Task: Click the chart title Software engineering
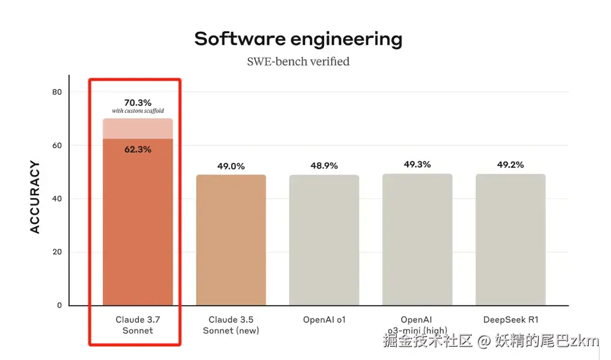click(x=298, y=39)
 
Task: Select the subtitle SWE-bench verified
click(x=298, y=61)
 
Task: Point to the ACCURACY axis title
click(x=35, y=197)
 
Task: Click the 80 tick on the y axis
click(x=57, y=92)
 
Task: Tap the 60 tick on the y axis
click(x=57, y=145)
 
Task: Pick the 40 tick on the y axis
click(x=57, y=199)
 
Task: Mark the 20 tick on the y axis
click(x=57, y=252)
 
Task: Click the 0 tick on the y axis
click(x=59, y=305)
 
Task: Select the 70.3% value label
click(x=138, y=102)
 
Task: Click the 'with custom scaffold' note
click(x=138, y=111)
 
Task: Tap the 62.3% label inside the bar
click(x=138, y=149)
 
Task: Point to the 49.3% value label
click(x=417, y=164)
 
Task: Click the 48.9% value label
click(x=324, y=166)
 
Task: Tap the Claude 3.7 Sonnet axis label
click(x=138, y=325)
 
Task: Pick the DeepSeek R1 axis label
click(x=510, y=320)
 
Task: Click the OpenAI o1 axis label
click(x=324, y=320)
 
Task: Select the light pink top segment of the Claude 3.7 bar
click(x=138, y=128)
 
